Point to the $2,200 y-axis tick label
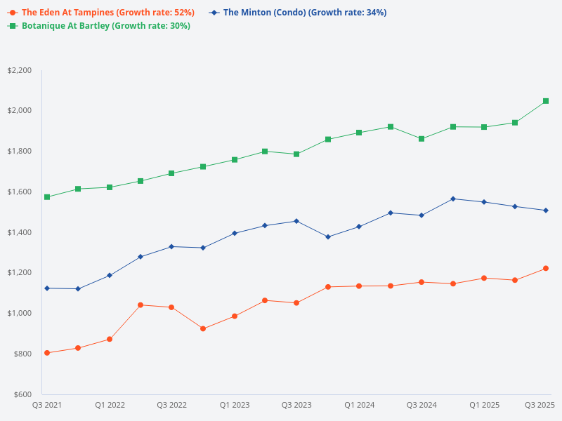click(x=20, y=70)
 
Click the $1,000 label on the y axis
click(x=20, y=313)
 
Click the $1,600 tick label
click(x=20, y=192)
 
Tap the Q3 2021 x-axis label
click(x=47, y=405)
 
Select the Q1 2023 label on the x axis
click(x=235, y=405)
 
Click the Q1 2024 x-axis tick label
click(x=359, y=405)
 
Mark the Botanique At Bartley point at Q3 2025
click(x=546, y=101)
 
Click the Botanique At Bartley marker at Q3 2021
click(x=47, y=197)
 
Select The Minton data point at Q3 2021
click(x=47, y=288)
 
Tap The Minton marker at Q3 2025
click(x=546, y=210)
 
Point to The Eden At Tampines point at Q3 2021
click(x=47, y=353)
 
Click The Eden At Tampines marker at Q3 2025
click(x=546, y=268)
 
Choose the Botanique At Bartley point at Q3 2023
click(x=296, y=154)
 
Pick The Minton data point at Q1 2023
click(x=235, y=233)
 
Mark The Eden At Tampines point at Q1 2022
click(x=110, y=340)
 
